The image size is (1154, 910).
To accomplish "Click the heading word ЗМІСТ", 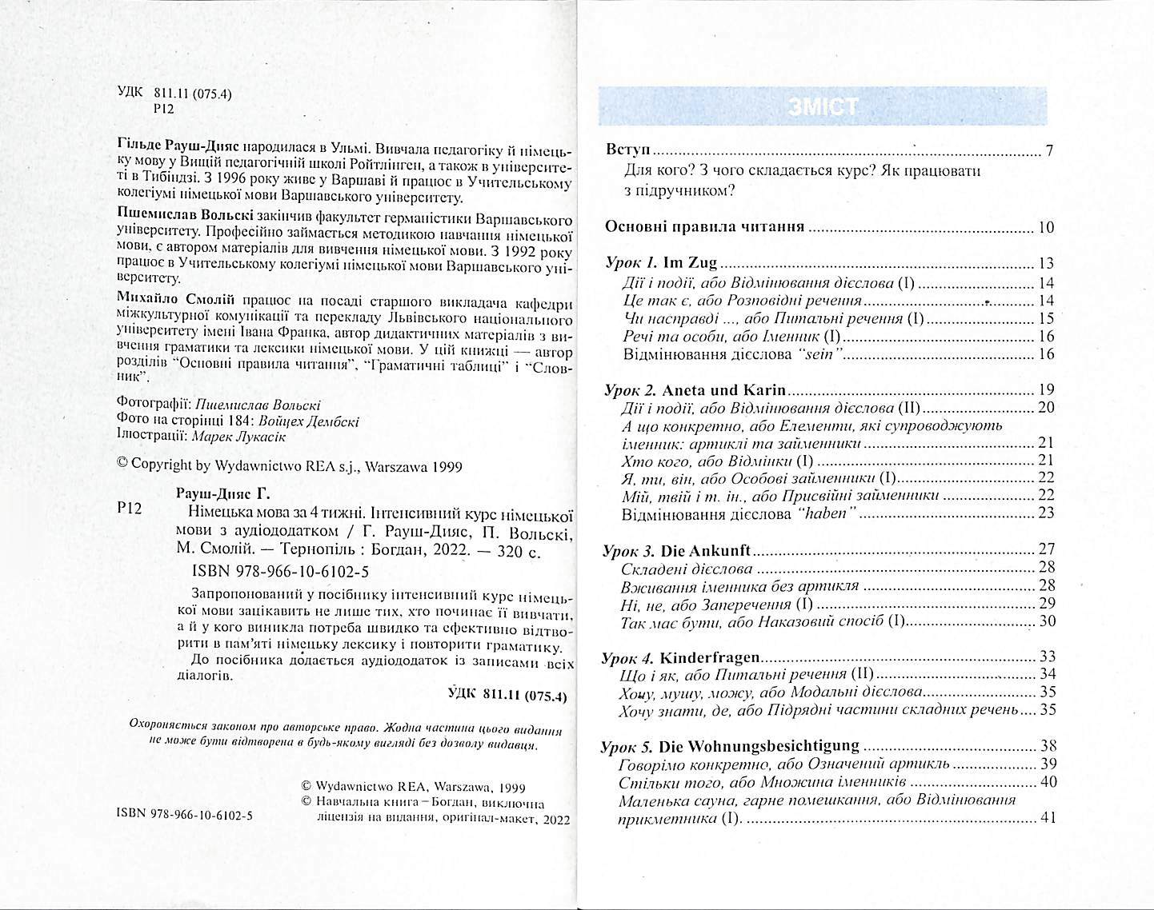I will (x=823, y=106).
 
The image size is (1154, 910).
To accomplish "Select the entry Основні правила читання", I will (x=704, y=227).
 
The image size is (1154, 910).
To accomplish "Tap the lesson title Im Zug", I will (x=690, y=262).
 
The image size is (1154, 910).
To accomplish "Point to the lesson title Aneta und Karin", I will (x=724, y=391).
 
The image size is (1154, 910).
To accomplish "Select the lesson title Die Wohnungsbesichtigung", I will (x=760, y=746).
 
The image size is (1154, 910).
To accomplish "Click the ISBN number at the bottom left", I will (x=184, y=814).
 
